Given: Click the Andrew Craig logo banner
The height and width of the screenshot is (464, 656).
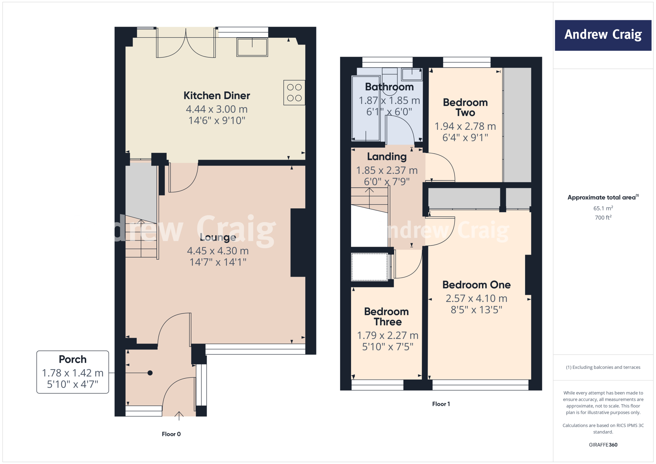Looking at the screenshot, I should (603, 35).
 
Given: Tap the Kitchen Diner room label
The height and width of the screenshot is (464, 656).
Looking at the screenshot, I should (217, 95).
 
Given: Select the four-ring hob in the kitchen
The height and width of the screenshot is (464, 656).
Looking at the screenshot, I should (294, 93).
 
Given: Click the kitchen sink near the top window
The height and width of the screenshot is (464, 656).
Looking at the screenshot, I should (252, 47).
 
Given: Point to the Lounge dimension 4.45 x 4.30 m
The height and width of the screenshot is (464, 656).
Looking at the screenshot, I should (217, 251).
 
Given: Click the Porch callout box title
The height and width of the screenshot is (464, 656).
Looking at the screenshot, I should (73, 359).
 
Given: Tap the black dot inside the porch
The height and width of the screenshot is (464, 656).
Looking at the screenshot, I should (150, 373).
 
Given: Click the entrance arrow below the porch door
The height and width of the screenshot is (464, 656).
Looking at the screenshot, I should (179, 416).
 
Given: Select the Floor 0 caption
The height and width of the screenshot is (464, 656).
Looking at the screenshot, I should (171, 434).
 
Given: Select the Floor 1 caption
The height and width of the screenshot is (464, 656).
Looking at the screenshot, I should (441, 404).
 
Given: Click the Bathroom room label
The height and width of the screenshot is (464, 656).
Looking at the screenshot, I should (389, 87).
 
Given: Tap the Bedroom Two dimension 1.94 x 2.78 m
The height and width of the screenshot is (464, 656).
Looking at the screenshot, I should (465, 126).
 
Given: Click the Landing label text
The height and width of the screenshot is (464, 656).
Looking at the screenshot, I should (387, 156).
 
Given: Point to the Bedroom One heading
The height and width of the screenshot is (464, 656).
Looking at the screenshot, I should (476, 285).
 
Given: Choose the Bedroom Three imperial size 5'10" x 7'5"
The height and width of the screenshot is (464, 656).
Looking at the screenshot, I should (388, 347).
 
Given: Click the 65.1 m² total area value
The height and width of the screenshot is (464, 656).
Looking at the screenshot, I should (603, 208).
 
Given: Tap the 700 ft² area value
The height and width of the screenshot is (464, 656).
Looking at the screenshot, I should (603, 218).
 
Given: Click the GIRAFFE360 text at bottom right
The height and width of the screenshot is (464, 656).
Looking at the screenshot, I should (603, 444).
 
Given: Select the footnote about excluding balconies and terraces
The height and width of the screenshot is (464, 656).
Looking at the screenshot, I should (603, 367).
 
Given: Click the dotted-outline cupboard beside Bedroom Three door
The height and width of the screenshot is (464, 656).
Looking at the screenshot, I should (369, 267).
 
